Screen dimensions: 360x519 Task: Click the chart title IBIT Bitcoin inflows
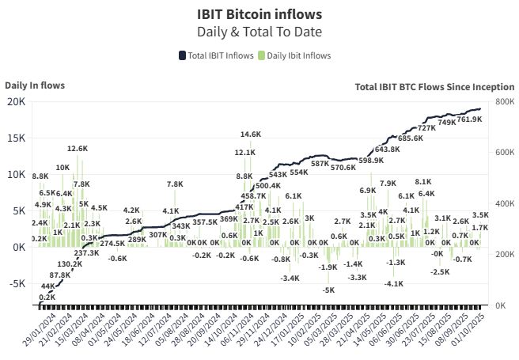pos(259,14)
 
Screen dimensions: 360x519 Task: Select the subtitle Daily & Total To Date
pos(259,32)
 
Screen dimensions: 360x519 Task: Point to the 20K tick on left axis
pos(16,101)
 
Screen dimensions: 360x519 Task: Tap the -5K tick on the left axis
pos(16,283)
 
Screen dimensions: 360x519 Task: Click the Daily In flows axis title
pos(35,85)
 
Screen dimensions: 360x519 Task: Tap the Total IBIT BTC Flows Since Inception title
pos(434,87)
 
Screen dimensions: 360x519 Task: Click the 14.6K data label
pos(251,134)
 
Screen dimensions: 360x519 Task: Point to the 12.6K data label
pos(77,148)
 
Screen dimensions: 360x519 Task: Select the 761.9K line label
pos(469,119)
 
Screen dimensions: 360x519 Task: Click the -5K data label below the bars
pos(328,290)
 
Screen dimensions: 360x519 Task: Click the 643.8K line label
pos(387,149)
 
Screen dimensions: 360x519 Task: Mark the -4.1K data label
pos(394,282)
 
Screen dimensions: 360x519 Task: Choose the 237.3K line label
pos(86,253)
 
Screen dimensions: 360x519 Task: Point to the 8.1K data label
pos(423,181)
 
